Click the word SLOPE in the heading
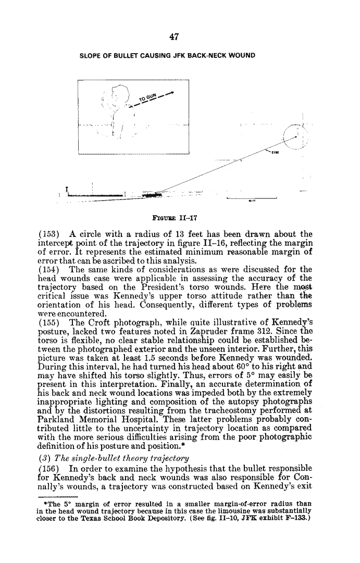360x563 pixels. click(91, 56)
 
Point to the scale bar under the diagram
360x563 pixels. click(251, 198)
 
